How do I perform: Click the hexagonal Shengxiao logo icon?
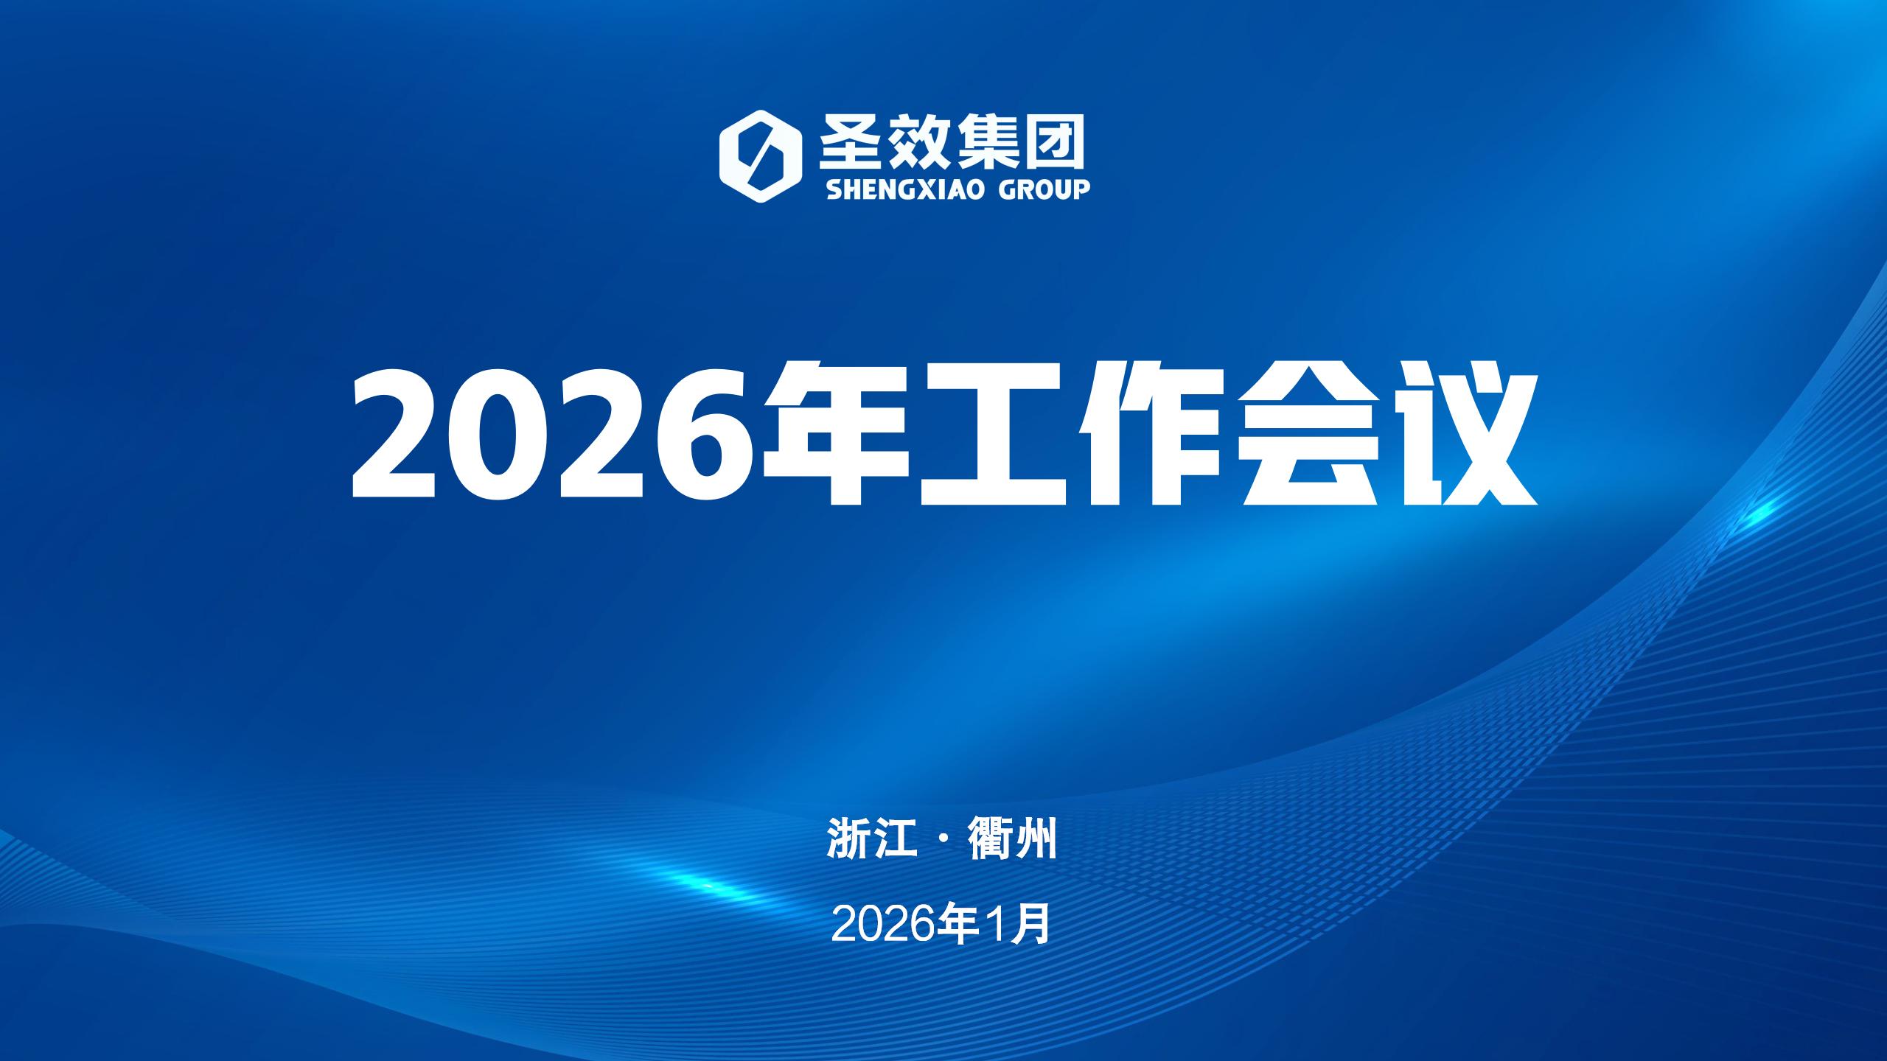[x=760, y=156]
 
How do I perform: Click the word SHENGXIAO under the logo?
[x=906, y=189]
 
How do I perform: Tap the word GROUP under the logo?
[x=1044, y=189]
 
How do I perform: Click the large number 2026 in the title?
[x=554, y=434]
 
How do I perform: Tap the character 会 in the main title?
[x=1306, y=433]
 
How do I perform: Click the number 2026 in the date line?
[x=876, y=925]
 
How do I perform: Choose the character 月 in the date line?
[x=1032, y=925]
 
